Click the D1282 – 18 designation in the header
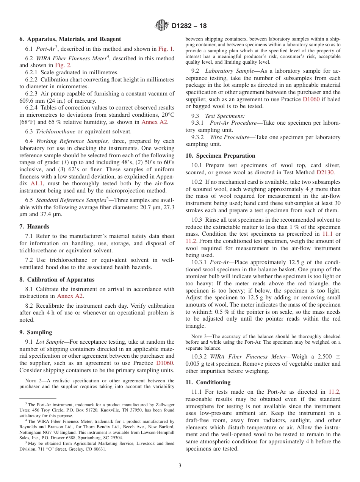(x=189, y=26)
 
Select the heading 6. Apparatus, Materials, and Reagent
(x=70, y=39)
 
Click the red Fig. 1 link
(x=165, y=49)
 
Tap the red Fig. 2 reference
(x=63, y=65)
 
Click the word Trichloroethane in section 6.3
(x=54, y=131)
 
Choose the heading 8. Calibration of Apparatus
(x=57, y=280)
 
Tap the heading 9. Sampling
(x=36, y=332)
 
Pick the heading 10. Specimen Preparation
(x=220, y=156)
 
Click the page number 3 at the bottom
(x=180, y=465)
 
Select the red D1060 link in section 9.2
(x=311, y=99)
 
